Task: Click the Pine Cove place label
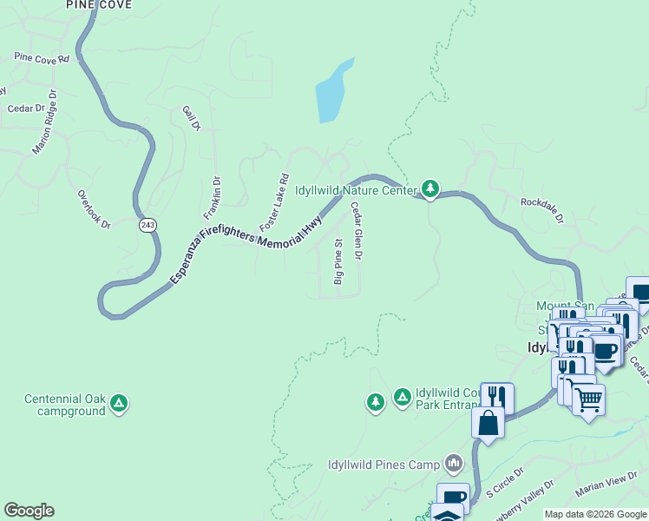(x=99, y=4)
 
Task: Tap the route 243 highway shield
(x=147, y=225)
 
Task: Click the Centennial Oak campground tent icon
(x=120, y=403)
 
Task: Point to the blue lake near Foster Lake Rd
(x=332, y=92)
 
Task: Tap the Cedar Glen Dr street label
(x=356, y=231)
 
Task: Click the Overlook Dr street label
(x=94, y=209)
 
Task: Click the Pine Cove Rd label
(x=40, y=59)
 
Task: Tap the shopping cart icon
(x=588, y=399)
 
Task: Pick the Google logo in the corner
(x=29, y=511)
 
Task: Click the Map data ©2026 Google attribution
(x=595, y=514)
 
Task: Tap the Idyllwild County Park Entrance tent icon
(x=402, y=398)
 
